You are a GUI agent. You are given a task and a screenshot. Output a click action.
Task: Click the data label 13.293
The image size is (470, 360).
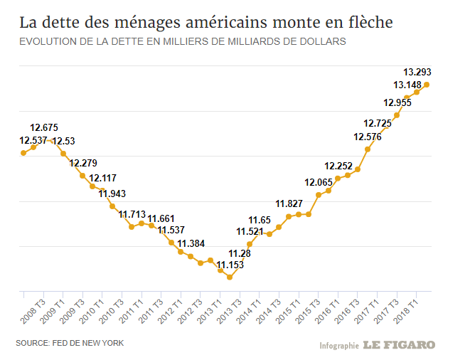(x=417, y=72)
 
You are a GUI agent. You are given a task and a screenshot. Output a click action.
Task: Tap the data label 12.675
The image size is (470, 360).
(x=44, y=127)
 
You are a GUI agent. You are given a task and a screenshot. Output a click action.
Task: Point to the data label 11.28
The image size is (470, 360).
(x=239, y=253)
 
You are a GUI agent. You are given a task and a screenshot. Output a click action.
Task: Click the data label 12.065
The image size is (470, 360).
(x=319, y=182)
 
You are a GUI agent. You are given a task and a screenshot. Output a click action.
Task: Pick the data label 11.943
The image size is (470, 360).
(x=112, y=194)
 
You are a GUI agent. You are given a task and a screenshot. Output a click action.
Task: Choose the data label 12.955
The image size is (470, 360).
(x=397, y=102)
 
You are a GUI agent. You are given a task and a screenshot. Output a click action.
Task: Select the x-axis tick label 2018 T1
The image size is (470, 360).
(x=407, y=307)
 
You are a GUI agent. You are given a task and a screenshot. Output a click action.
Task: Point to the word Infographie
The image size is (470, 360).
(x=338, y=346)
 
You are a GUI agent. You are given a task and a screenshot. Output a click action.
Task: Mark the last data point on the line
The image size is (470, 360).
(x=427, y=85)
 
